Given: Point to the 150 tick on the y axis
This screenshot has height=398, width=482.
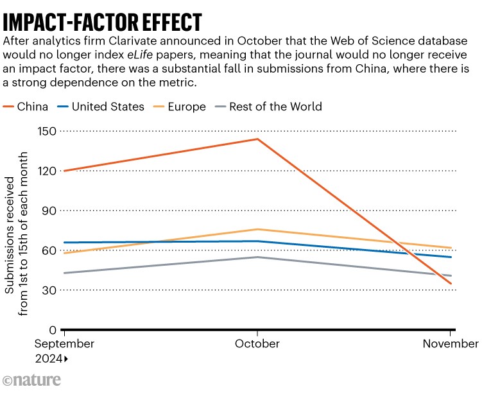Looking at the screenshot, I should pos(48,132).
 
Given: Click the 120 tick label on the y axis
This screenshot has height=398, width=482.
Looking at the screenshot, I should pos(48,171).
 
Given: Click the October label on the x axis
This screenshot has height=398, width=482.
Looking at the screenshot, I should pos(257,343).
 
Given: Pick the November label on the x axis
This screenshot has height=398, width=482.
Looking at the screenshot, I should pos(451,343).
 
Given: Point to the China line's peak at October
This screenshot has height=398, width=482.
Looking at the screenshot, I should pos(257,139).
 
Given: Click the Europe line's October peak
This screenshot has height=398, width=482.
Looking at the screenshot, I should pos(257,229).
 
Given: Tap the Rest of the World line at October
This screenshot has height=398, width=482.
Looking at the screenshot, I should pos(257,257).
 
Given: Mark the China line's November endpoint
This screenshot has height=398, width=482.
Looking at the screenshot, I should pos(451,284).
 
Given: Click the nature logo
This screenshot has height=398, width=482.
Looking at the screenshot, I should pos(32,379).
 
